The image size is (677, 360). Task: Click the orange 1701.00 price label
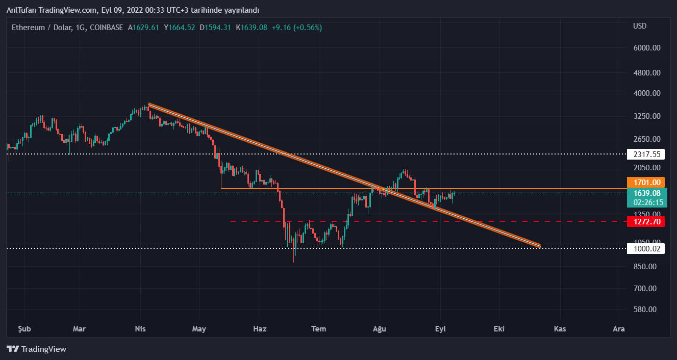[647, 182]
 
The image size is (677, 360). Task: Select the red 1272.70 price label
[647, 221]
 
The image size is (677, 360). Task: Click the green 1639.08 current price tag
[647, 193]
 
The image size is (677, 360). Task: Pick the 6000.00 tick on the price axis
[647, 48]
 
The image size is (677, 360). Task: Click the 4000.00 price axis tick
[647, 93]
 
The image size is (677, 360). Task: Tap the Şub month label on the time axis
[24, 329]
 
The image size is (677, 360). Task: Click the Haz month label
[260, 329]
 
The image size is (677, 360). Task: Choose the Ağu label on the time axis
[380, 329]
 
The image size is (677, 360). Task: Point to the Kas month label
[560, 329]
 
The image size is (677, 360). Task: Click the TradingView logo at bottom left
[37, 349]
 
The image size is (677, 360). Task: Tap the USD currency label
[640, 26]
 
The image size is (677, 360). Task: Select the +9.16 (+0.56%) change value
[296, 28]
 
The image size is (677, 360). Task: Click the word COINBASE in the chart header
[106, 28]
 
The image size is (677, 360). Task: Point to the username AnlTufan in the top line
[20, 10]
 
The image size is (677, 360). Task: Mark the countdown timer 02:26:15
[647, 202]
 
